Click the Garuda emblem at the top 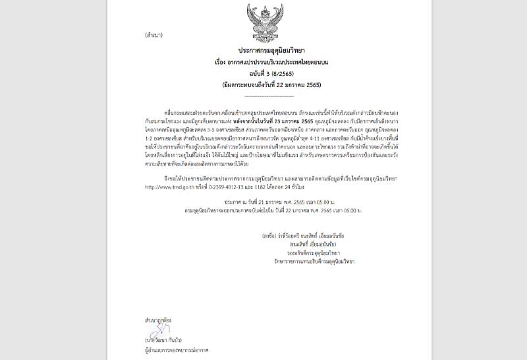pyautogui.click(x=265, y=22)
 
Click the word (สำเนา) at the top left pyautogui.click(x=153, y=35)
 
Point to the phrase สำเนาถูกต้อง pyautogui.click(x=159, y=319)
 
